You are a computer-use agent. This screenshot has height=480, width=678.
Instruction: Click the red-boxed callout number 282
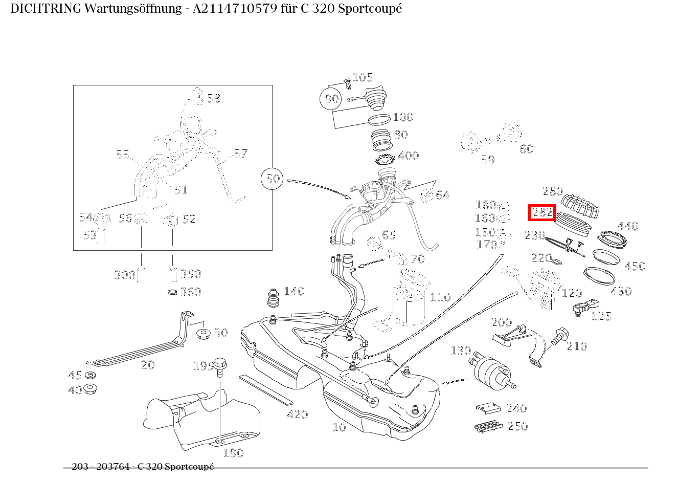coord(542,212)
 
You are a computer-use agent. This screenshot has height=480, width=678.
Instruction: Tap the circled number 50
coord(274,179)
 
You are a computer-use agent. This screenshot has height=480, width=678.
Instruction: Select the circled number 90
coord(332,99)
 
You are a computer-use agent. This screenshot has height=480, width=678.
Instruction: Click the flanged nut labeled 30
coord(204,334)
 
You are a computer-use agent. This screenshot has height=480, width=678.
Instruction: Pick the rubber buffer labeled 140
coord(273,298)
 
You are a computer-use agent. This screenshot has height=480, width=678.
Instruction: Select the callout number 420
coord(297,414)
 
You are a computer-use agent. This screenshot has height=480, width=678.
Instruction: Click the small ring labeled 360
coord(173,292)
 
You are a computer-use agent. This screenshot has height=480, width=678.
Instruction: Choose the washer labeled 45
coord(91,376)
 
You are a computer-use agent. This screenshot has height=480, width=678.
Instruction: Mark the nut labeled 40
coord(91,389)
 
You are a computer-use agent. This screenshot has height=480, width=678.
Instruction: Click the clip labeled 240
coord(488,408)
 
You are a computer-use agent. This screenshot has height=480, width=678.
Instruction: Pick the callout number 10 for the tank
coord(339,427)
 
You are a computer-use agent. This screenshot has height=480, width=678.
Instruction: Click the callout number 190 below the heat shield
coord(233,453)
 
